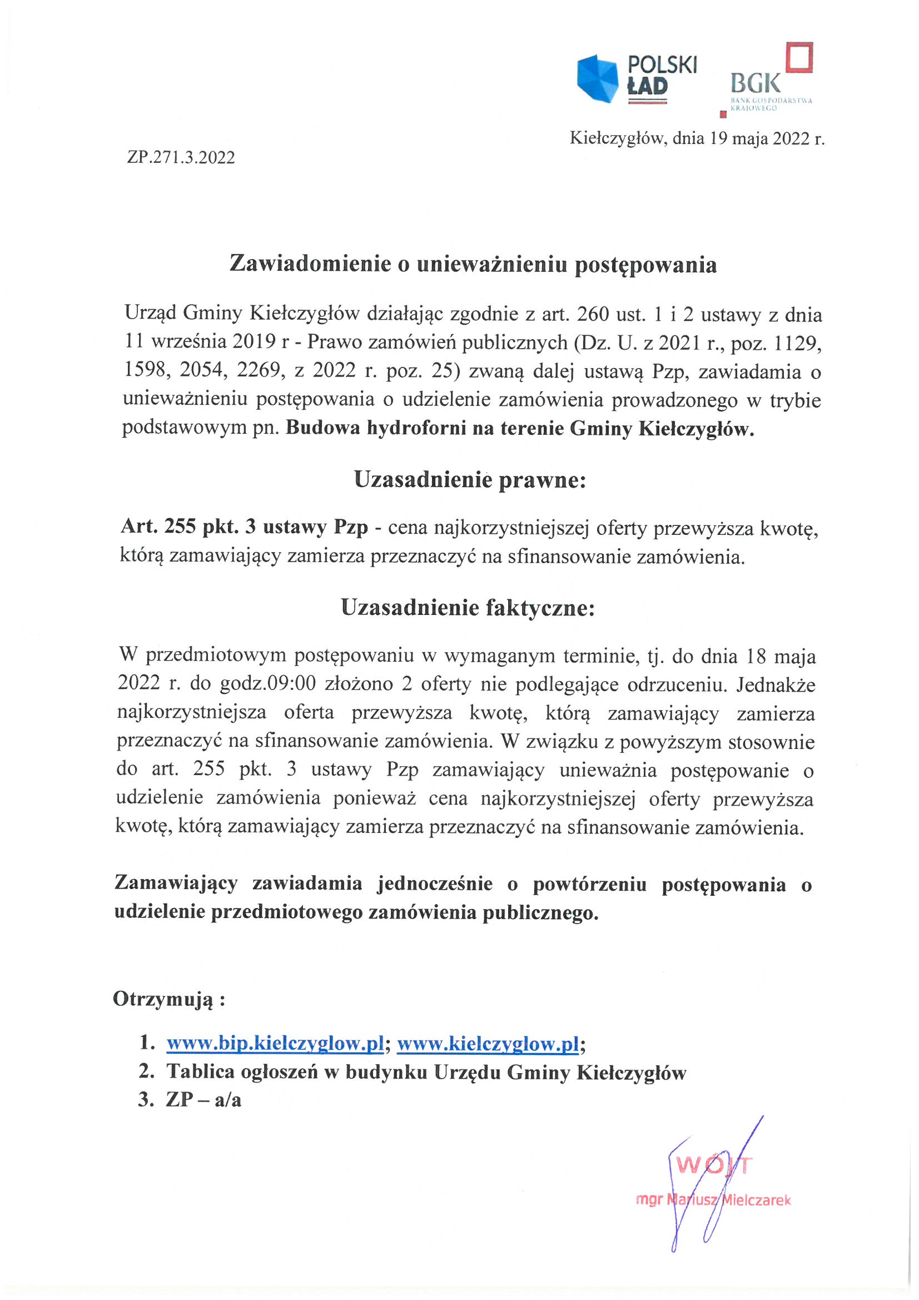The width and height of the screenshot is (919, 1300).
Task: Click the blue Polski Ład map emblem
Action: click(598, 78)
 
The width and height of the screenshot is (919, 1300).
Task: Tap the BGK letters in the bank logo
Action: click(756, 84)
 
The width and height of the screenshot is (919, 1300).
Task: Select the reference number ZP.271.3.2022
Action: click(181, 157)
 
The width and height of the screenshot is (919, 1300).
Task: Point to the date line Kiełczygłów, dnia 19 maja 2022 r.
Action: click(697, 138)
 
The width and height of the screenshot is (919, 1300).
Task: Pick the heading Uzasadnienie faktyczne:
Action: click(468, 608)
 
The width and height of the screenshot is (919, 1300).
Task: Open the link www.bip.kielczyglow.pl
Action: click(275, 1043)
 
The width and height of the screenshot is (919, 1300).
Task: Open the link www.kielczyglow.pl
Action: click(488, 1043)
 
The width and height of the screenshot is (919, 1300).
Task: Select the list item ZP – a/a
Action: click(203, 1100)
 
